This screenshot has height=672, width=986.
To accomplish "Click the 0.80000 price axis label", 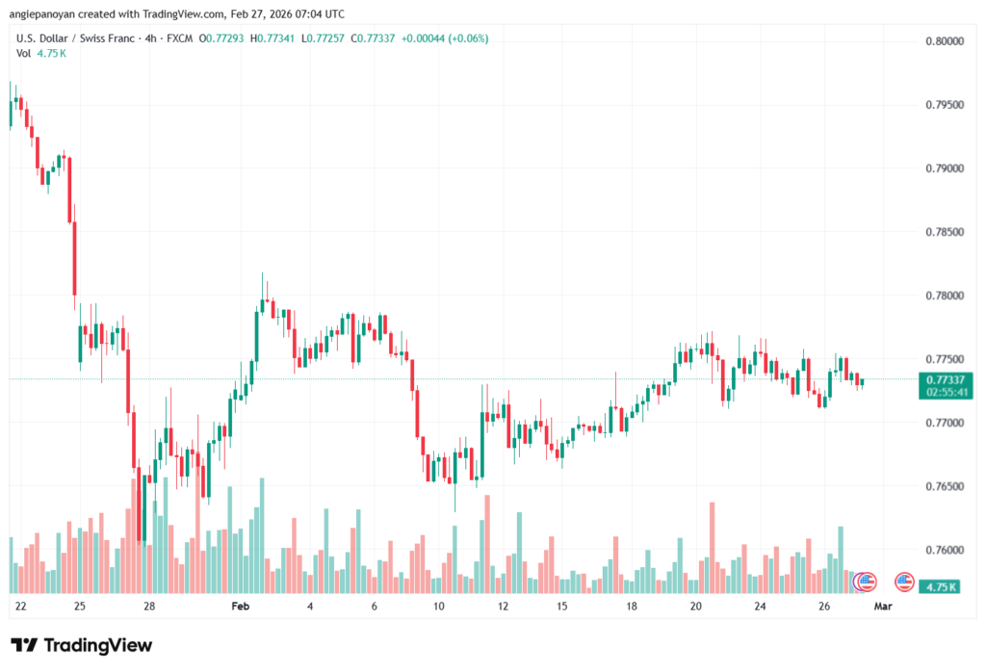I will coord(944,41).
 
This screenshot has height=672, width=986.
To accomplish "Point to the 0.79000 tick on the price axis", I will coord(944,168).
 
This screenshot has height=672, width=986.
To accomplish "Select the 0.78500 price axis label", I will coord(944,232).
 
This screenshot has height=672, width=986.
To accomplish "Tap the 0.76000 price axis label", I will coord(944,551).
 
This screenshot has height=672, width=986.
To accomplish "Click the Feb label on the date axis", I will coord(241,607).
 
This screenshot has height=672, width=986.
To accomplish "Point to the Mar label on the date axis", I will coord(882,607).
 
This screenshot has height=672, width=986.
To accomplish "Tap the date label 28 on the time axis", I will coord(149,607).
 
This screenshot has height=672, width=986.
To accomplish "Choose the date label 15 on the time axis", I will coord(561,607).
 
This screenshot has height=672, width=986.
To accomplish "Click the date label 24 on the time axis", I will coord(760,607).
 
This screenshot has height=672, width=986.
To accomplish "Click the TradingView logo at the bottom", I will coord(82,645).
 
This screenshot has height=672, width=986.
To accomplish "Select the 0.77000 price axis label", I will coord(944,424).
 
